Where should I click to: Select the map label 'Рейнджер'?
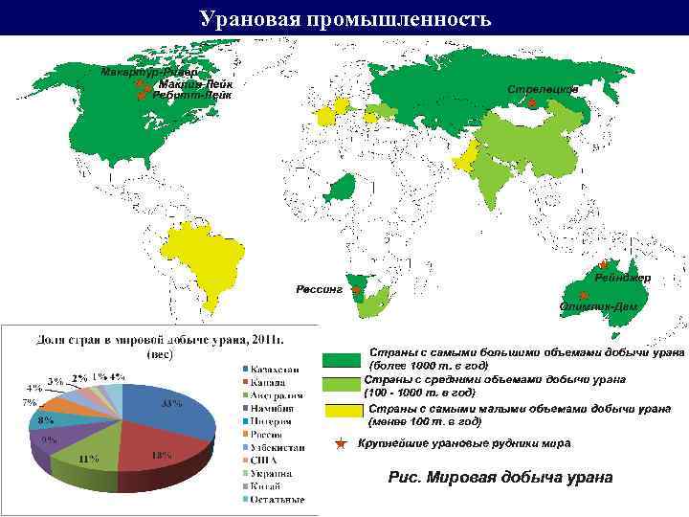pos(622,278)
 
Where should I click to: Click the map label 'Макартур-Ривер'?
pos(149,73)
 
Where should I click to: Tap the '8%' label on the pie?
pos(45,419)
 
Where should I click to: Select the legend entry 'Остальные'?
pos(278,499)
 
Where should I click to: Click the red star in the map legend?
pos(341,444)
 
